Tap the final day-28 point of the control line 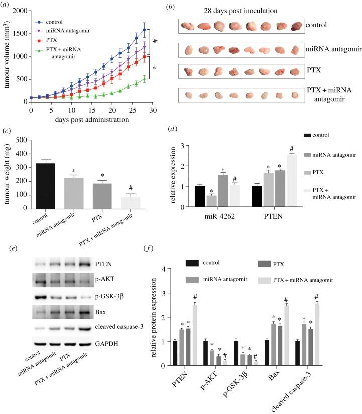click(x=145, y=30)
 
